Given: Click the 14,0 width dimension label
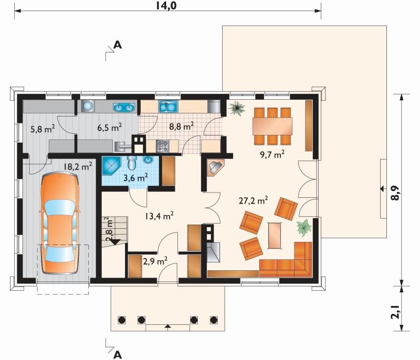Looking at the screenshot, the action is (x=166, y=5).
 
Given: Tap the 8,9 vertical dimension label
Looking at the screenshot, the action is (x=396, y=193).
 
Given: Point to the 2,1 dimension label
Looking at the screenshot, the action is (x=396, y=312).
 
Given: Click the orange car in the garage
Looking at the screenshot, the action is (x=60, y=223).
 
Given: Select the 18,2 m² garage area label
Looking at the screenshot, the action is (x=78, y=166).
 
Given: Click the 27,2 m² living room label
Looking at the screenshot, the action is (x=254, y=200).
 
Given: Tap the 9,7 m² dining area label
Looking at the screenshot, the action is (x=272, y=154).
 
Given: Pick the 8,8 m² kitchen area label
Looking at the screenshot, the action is (x=182, y=126).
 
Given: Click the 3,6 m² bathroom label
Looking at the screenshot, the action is (x=136, y=177).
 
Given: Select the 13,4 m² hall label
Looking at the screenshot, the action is (x=159, y=216).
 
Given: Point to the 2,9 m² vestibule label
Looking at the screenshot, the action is (x=155, y=261).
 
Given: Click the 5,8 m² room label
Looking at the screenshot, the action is (x=43, y=129).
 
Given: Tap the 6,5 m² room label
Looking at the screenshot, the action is (x=110, y=128).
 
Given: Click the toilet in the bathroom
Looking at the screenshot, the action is (x=132, y=162).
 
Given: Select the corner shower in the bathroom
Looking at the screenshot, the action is (x=111, y=166).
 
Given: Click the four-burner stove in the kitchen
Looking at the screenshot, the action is (x=162, y=146).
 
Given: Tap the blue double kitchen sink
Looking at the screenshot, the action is (x=168, y=107).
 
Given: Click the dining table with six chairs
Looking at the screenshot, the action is (x=272, y=126).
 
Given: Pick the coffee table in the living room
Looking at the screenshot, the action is (x=275, y=236).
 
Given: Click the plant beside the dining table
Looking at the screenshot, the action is (x=237, y=108).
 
